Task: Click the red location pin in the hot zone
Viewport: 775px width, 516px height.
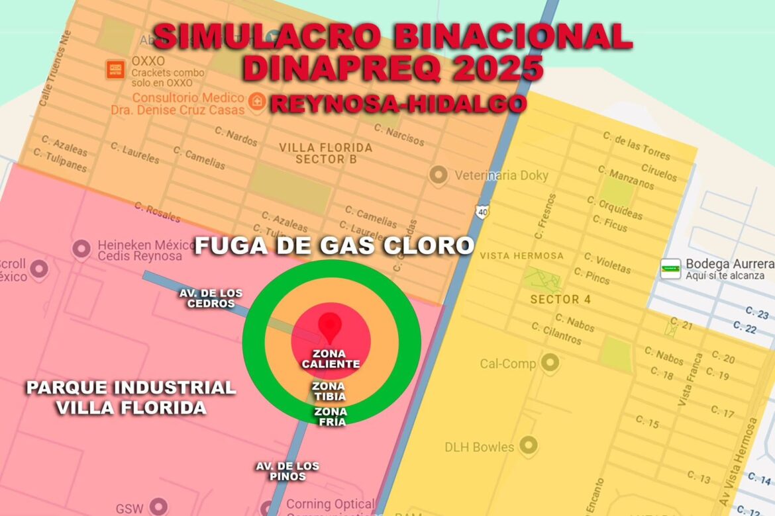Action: (x=330, y=326)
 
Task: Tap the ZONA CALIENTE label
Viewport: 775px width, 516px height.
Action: (x=330, y=359)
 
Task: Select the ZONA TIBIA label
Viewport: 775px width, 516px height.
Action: (x=329, y=391)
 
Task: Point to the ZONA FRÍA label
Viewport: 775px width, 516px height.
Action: (x=330, y=417)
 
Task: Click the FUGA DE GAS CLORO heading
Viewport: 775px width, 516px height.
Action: (x=334, y=246)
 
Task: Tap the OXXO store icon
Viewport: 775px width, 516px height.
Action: (x=115, y=68)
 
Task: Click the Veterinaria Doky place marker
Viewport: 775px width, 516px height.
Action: (x=438, y=175)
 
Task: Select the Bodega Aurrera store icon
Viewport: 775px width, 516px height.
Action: (x=670, y=268)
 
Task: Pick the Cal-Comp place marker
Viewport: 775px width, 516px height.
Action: (x=549, y=363)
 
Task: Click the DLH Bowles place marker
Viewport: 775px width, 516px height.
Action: (x=528, y=446)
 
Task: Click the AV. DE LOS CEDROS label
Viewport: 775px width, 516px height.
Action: (x=211, y=298)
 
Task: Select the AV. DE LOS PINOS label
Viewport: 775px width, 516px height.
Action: (x=287, y=471)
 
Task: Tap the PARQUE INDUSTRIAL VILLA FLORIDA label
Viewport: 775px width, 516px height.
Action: (x=130, y=397)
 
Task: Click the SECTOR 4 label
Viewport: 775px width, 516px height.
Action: (x=560, y=300)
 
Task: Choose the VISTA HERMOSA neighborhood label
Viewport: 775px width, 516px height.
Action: (x=521, y=255)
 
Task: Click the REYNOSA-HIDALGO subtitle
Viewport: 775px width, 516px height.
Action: (x=398, y=103)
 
